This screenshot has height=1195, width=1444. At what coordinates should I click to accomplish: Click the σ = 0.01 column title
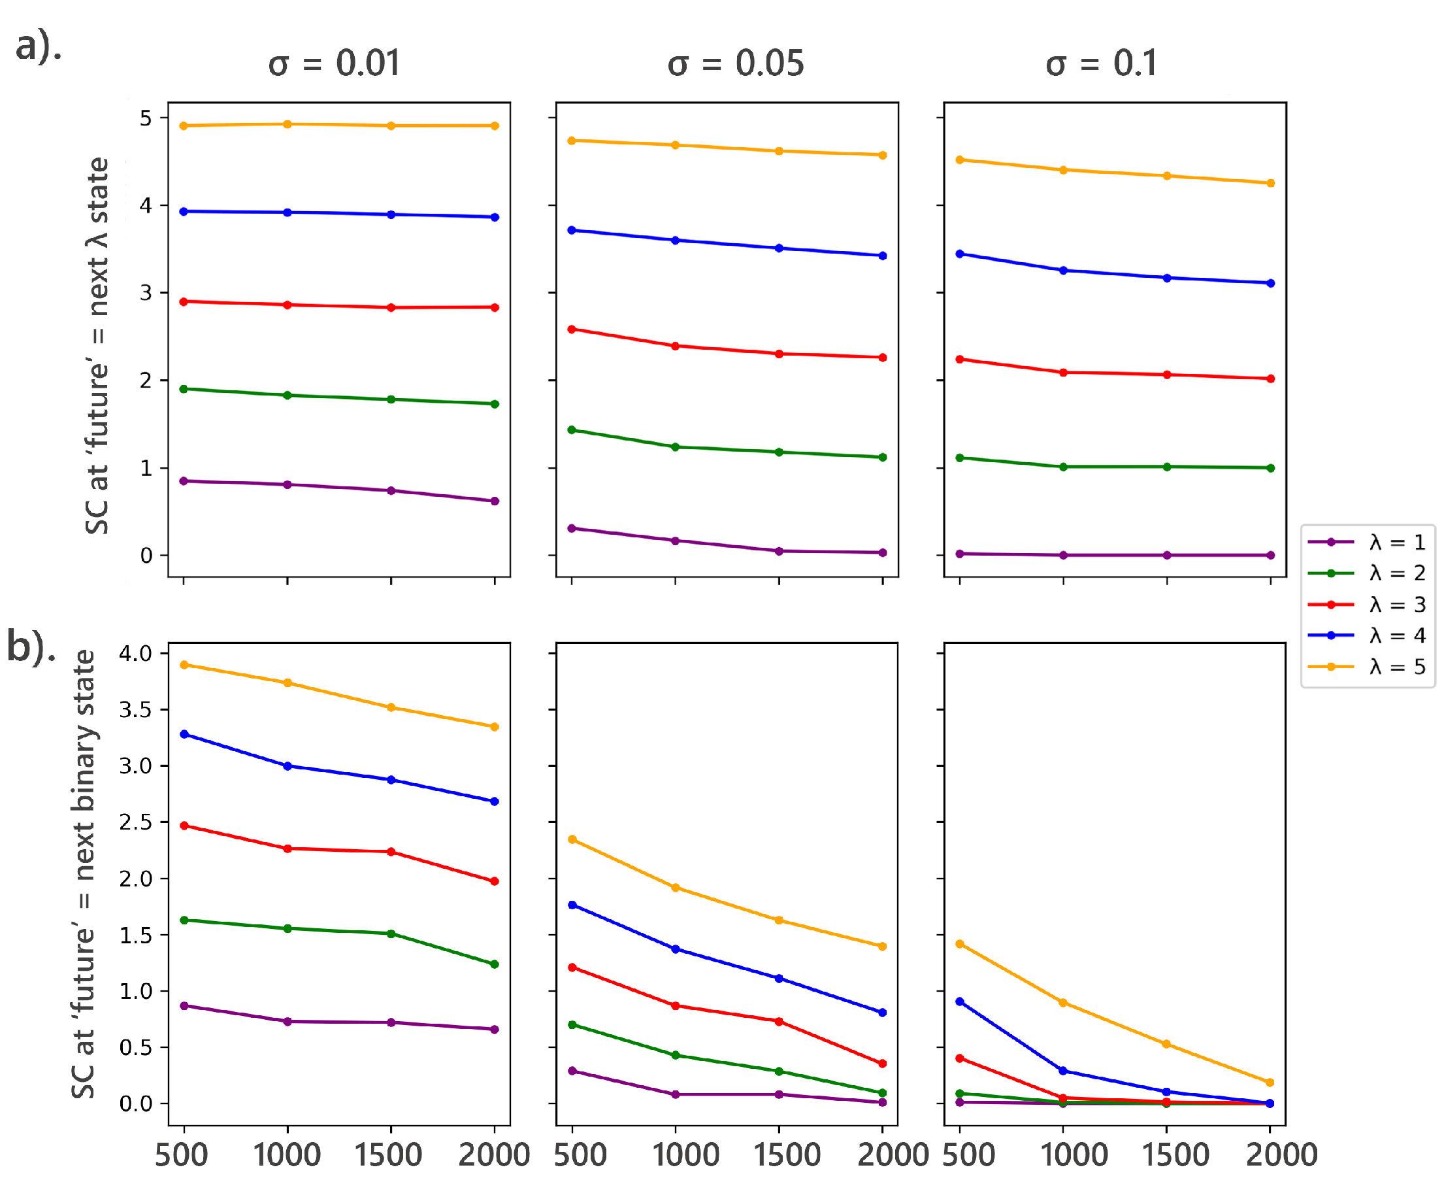click(x=334, y=64)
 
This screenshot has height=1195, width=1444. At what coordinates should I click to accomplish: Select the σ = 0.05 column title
click(x=735, y=64)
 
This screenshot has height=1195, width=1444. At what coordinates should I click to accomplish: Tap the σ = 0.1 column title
click(x=1102, y=64)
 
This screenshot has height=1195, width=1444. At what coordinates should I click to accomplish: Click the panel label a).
click(x=39, y=47)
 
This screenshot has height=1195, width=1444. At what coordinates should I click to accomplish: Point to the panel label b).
click(x=31, y=647)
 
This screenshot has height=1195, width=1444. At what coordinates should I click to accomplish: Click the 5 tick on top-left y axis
click(x=146, y=118)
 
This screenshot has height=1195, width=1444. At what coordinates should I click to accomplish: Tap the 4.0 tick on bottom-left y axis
click(x=135, y=653)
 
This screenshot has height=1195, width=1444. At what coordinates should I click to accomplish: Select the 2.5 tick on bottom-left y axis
click(x=135, y=822)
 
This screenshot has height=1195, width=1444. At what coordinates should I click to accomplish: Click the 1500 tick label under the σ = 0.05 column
click(x=787, y=1155)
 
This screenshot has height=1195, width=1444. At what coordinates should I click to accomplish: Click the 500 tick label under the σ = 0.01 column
click(x=182, y=1155)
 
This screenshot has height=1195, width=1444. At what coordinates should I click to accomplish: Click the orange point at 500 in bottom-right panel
click(x=960, y=944)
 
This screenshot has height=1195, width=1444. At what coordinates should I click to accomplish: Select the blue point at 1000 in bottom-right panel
click(x=1063, y=1071)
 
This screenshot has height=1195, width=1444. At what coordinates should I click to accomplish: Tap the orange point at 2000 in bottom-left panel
click(x=495, y=727)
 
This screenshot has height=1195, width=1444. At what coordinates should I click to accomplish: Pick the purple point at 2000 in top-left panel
click(x=495, y=501)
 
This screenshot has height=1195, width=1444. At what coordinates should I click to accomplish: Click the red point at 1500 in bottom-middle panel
click(x=779, y=1022)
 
